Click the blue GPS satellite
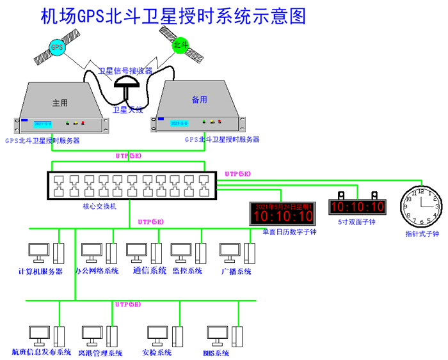pos(58,48)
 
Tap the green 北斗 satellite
pos(179,45)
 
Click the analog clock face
pos(421,207)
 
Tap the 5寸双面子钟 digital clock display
pos(358,207)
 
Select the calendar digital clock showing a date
pos(282,214)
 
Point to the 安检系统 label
pos(156,353)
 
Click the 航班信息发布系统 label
pos(42,352)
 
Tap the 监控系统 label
pos(188,270)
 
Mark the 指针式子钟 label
pos(422,234)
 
